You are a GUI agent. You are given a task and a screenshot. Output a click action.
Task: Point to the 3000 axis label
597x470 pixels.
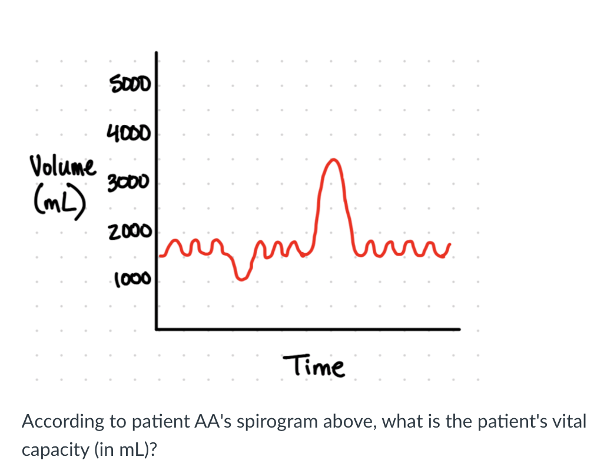(x=130, y=182)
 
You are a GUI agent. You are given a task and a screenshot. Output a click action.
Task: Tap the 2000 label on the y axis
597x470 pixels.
(x=130, y=231)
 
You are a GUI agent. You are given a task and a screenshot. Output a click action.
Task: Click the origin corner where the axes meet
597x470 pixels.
(x=157, y=329)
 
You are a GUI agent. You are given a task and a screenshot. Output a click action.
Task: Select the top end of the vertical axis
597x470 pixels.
(x=157, y=53)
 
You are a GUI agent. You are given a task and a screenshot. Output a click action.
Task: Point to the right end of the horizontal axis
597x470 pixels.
(x=459, y=329)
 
